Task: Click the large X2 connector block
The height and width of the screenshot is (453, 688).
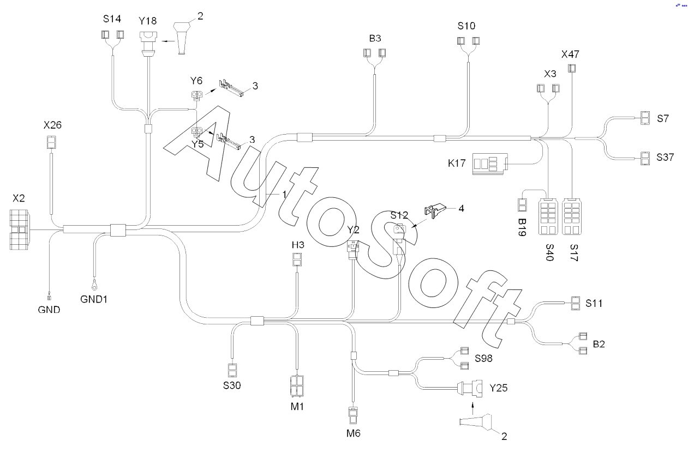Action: (19, 229)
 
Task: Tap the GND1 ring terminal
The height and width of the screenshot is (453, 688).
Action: (94, 286)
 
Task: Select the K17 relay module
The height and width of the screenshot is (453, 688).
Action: (490, 164)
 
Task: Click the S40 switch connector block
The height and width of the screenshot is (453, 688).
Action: (548, 216)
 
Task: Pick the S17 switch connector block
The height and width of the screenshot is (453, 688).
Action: (572, 216)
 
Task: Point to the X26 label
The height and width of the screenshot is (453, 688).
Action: (52, 125)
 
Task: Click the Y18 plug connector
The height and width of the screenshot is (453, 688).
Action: (148, 44)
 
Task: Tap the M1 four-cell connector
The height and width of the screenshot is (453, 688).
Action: (297, 386)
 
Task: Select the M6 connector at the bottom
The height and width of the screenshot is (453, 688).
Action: (353, 415)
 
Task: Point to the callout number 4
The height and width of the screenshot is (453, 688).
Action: (461, 208)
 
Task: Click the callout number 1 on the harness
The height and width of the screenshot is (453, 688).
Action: (284, 194)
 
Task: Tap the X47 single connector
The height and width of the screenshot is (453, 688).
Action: (572, 68)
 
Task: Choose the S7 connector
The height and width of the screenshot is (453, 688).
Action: (645, 118)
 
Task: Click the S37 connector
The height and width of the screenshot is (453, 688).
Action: (645, 158)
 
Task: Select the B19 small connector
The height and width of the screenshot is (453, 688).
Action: (522, 205)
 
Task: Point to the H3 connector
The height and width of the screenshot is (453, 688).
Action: (297, 259)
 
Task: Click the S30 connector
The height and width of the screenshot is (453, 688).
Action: (232, 370)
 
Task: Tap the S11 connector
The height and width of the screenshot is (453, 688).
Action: (576, 303)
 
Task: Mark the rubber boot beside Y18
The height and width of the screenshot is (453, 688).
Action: (182, 38)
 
